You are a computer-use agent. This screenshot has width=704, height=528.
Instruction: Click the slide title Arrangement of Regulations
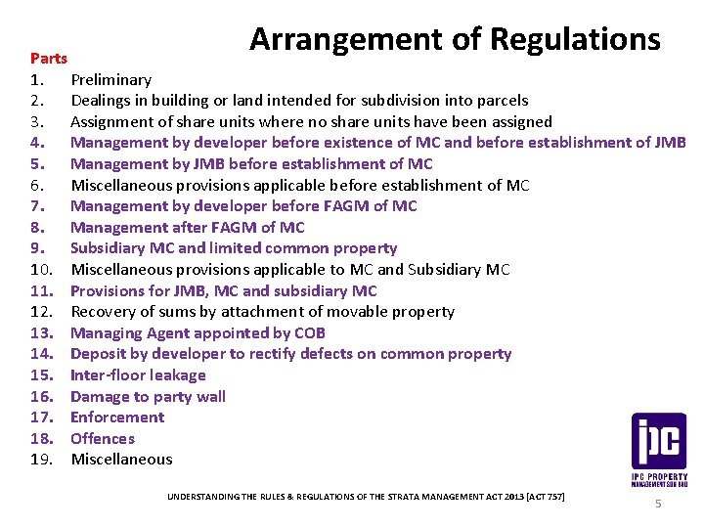455,39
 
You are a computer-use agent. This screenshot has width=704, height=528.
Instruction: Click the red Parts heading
48,59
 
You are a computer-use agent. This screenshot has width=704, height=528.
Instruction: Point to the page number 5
658,504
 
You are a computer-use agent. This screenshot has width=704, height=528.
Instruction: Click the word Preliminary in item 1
110,79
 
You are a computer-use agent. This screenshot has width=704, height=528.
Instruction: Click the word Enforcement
117,417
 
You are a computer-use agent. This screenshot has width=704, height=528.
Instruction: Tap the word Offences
103,438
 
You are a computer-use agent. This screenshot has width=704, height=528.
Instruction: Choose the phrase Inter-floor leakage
138,374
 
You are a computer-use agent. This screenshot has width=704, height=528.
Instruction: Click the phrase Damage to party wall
148,396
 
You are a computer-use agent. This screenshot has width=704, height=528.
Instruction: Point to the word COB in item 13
308,332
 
